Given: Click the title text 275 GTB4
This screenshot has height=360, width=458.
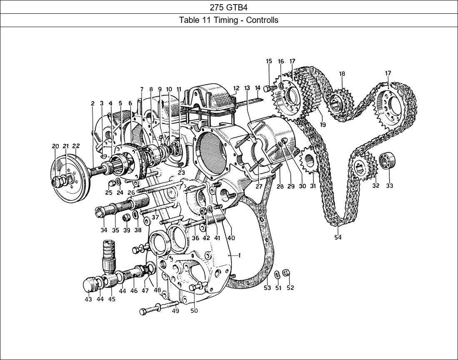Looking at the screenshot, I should coord(229,7).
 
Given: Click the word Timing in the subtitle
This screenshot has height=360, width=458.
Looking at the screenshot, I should coord(225,20).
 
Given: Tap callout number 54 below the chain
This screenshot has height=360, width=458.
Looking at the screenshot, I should coord(338,237).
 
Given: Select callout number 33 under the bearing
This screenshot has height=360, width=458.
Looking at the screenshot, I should coord(389,186).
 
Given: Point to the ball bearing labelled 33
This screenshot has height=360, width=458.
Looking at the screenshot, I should coord(388,161).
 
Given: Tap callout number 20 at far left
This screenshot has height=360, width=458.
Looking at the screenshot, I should coord(55,146).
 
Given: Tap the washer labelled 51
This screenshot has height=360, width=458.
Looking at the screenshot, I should coord(277,274).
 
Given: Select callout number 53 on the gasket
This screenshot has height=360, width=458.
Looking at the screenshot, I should coord(267,288).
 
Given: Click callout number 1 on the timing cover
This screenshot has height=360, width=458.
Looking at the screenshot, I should coord(239,255).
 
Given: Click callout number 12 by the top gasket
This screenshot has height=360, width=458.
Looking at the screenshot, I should coord(236,88).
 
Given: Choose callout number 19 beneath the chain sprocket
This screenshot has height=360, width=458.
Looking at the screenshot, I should coord(323,125).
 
